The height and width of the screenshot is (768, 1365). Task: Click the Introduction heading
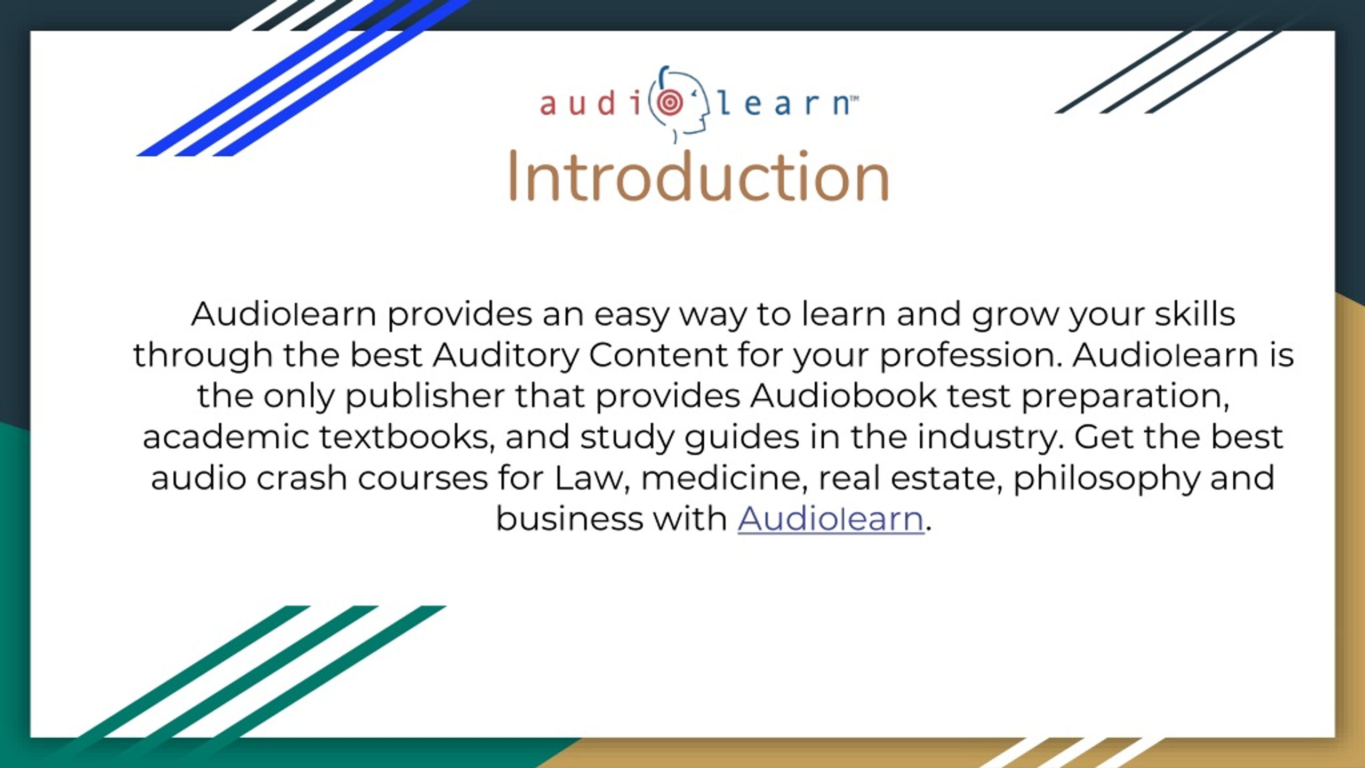click(x=698, y=177)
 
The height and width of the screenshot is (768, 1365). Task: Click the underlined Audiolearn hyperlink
click(x=831, y=518)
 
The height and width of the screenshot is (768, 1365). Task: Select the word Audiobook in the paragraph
click(x=843, y=396)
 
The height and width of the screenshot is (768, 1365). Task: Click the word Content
click(x=658, y=355)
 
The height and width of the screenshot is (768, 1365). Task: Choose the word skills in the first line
click(x=1195, y=314)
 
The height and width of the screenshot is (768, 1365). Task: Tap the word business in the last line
click(x=569, y=518)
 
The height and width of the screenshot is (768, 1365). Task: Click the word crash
click(x=302, y=478)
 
